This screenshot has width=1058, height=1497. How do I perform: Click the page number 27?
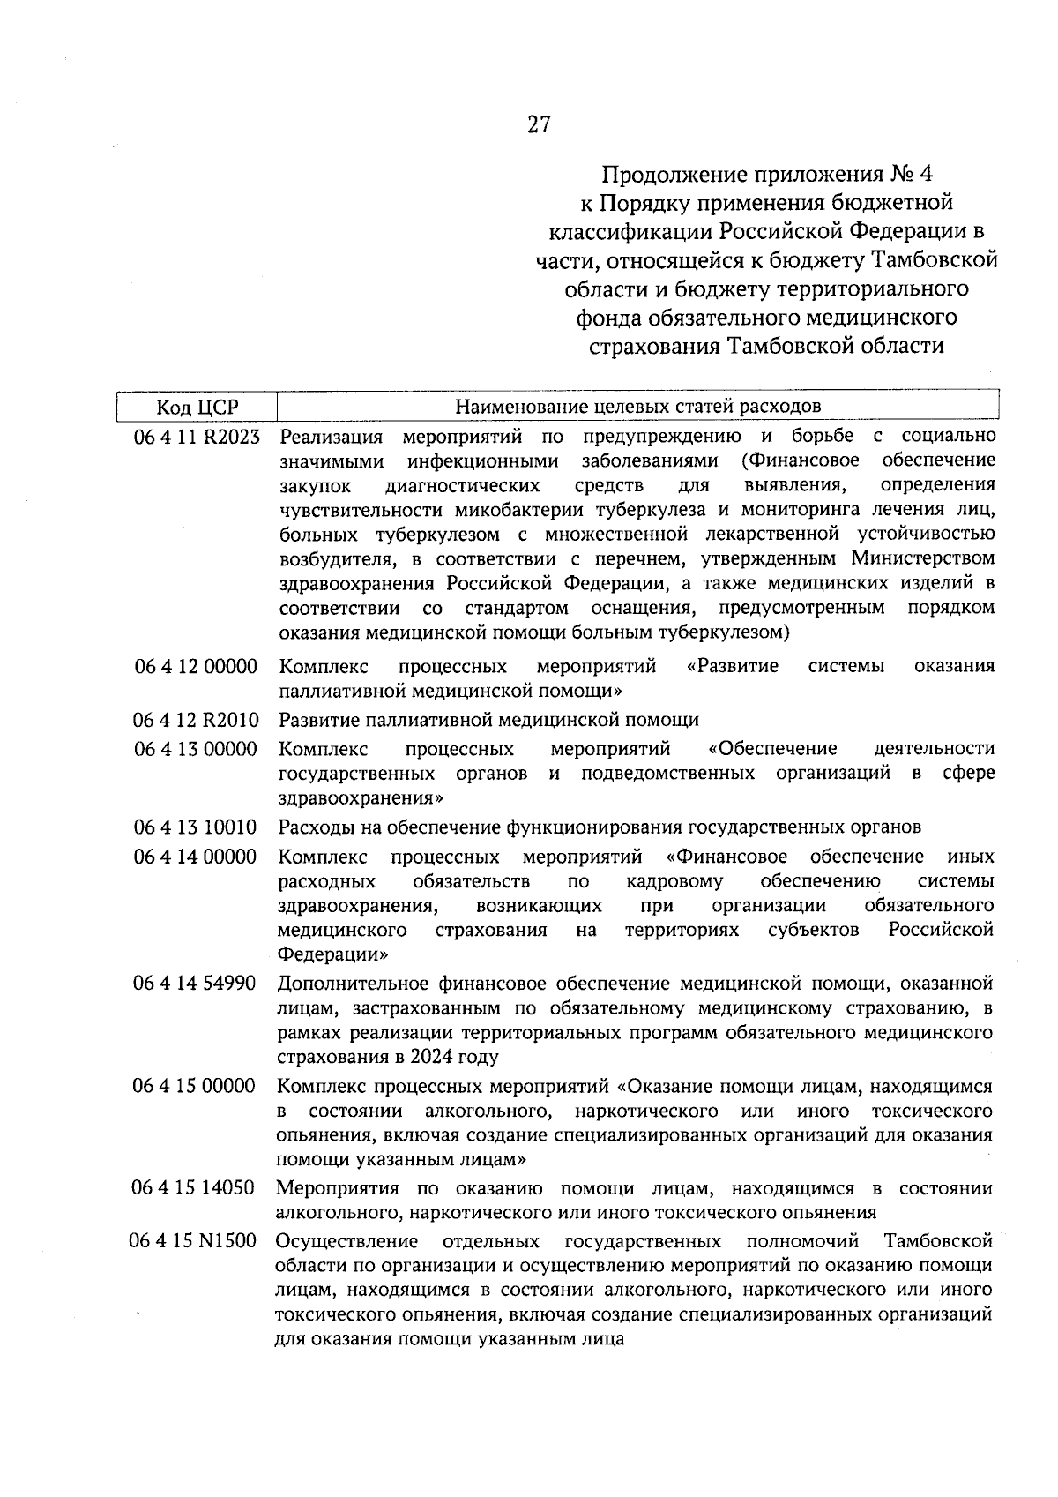539,124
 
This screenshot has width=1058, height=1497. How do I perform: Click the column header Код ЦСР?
197,407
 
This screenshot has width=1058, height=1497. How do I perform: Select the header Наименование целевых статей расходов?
637,406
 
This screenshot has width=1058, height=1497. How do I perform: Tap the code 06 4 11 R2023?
197,437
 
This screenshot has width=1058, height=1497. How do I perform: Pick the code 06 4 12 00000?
196,666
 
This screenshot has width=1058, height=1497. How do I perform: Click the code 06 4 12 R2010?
196,720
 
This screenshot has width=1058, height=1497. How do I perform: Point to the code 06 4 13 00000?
196,749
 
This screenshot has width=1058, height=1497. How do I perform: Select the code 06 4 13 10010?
196,827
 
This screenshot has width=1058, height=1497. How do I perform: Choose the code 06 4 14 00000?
196,857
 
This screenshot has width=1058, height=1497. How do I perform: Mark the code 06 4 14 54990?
195,984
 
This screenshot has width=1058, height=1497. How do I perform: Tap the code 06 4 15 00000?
194,1086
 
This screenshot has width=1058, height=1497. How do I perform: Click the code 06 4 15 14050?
194,1188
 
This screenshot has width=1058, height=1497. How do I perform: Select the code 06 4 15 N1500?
194,1241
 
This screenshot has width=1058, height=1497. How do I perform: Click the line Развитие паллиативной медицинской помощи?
488,720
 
